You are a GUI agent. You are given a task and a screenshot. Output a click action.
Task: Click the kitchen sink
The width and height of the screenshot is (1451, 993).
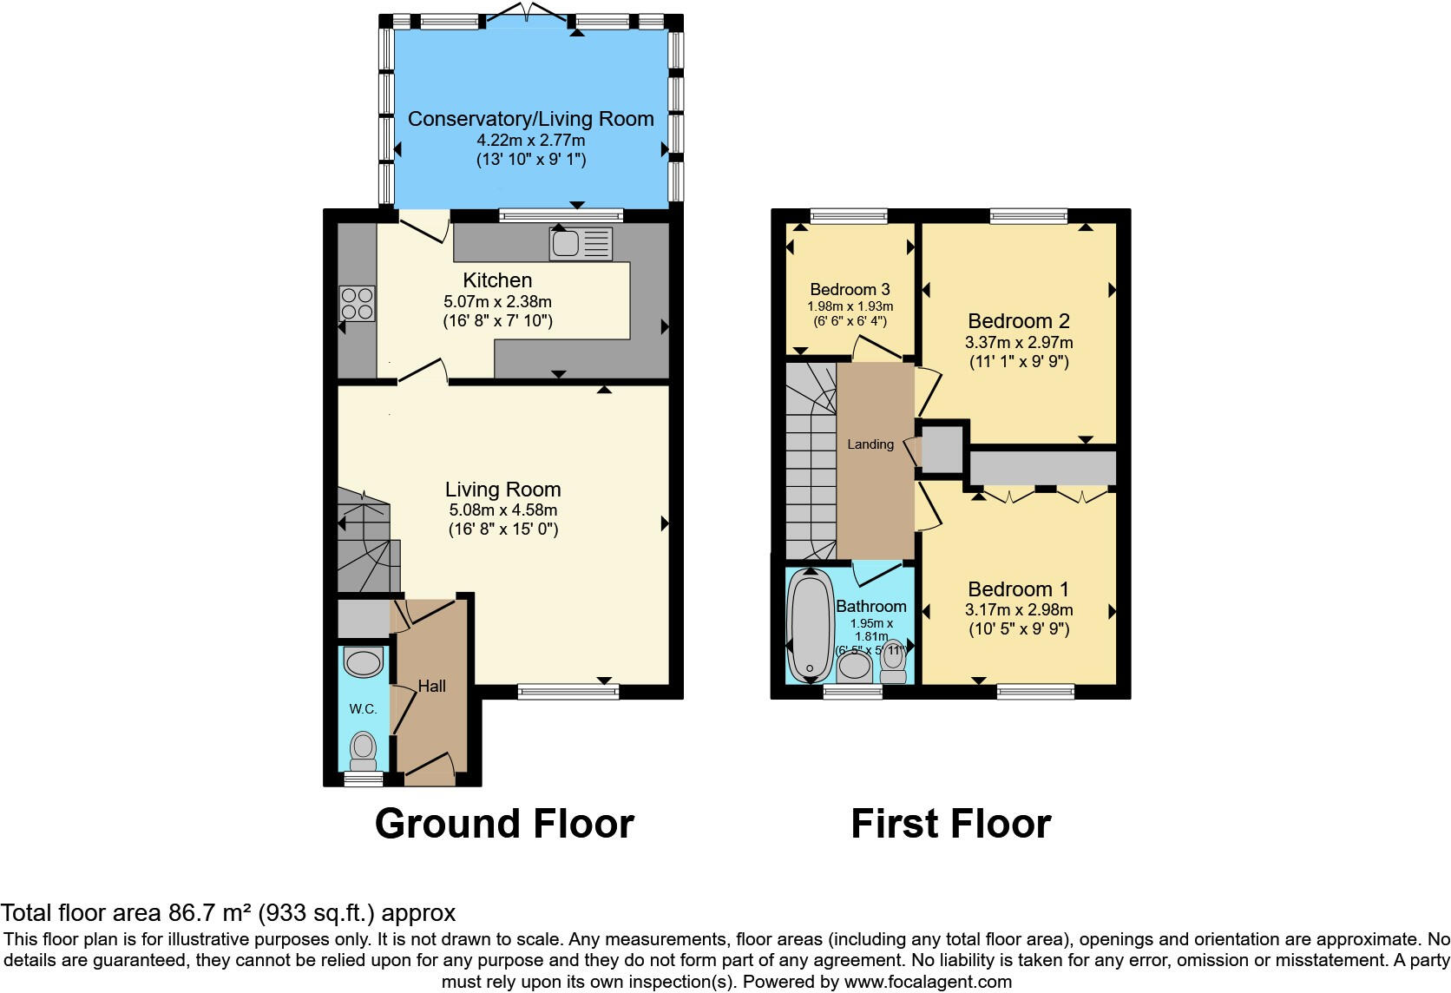[x=580, y=244]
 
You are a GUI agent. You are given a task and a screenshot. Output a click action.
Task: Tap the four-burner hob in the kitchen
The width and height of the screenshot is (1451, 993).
[x=357, y=304]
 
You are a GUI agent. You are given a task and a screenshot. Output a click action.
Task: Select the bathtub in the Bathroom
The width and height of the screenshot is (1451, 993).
[x=809, y=625]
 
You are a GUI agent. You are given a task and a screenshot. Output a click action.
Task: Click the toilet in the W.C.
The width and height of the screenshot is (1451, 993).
[x=363, y=747]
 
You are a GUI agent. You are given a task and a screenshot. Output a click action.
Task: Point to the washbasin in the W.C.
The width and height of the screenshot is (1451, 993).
[x=363, y=663]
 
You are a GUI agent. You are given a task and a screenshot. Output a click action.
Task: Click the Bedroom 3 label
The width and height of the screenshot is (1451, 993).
[x=850, y=290]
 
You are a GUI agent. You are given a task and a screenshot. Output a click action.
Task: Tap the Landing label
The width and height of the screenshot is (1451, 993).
[x=870, y=444]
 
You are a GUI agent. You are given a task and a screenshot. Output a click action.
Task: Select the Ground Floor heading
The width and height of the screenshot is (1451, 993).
[x=504, y=823]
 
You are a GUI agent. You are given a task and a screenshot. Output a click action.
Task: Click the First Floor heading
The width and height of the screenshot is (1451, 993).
[x=950, y=823]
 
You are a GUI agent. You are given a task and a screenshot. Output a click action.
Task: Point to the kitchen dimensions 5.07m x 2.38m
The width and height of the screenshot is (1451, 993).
[x=497, y=302]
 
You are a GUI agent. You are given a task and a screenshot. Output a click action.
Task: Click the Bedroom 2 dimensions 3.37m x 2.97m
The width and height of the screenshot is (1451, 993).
[x=1018, y=343]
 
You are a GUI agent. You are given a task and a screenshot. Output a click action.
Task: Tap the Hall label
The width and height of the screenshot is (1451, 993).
[x=431, y=686]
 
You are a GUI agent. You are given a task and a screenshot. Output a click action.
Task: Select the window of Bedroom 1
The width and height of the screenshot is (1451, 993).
[x=1035, y=692]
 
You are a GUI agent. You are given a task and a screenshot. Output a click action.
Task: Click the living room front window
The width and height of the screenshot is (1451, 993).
[x=568, y=692]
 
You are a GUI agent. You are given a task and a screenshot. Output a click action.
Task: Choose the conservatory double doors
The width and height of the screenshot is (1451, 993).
[x=527, y=12]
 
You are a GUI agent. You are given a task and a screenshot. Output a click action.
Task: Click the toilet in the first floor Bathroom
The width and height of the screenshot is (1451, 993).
[x=893, y=663]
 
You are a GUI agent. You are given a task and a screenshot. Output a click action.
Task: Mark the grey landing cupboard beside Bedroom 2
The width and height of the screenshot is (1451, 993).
[x=942, y=448]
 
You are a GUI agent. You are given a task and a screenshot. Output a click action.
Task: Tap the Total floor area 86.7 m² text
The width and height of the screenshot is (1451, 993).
[x=228, y=912]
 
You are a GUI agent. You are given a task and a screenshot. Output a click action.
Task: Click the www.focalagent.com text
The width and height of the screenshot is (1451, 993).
[x=928, y=982]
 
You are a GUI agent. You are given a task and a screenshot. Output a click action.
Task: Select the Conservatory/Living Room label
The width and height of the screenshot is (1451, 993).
[x=530, y=119]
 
